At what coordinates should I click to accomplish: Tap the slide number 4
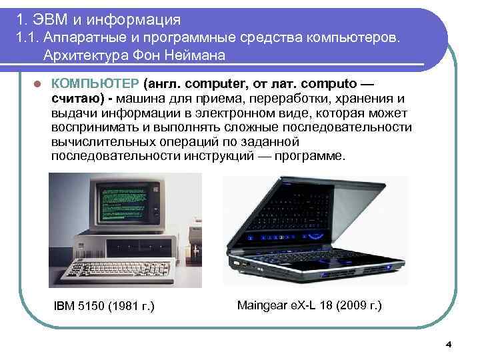(x=448, y=344)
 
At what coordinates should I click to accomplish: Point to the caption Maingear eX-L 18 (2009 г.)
(x=309, y=305)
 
